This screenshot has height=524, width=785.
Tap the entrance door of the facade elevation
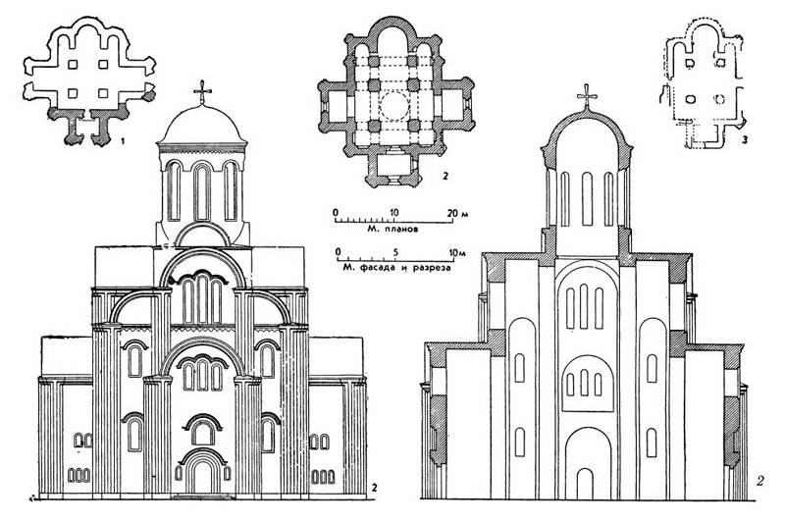(x=203, y=477)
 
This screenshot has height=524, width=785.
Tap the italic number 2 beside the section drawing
(x=760, y=481)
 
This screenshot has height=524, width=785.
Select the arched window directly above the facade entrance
(x=203, y=430)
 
